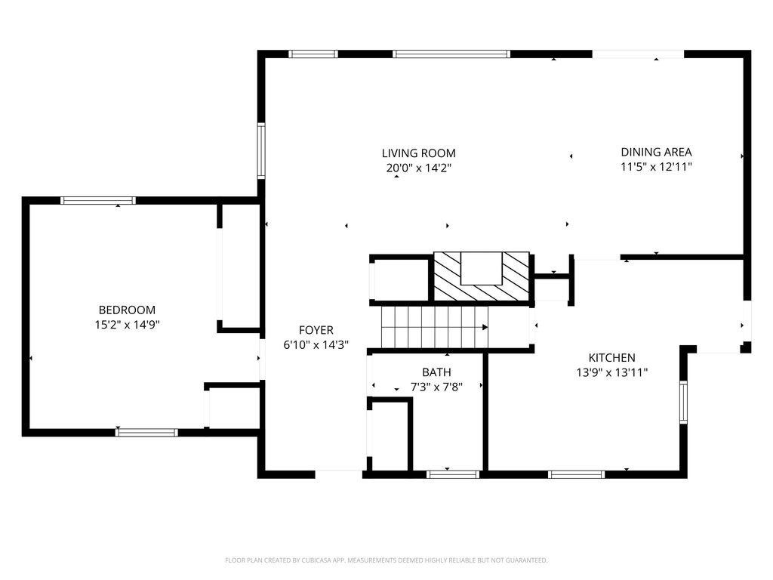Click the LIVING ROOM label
418,153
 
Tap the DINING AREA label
656,153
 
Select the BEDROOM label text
127,310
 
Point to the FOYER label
316,331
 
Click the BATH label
436,372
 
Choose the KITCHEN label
611,358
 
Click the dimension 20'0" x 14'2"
418,168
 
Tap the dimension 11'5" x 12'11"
656,167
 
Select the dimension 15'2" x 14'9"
127,325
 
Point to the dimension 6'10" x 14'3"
316,345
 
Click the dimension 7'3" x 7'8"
436,387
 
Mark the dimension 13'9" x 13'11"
611,373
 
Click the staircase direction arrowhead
485,328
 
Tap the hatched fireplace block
482,276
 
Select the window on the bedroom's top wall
97,200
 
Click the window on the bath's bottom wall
453,474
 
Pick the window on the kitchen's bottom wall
576,474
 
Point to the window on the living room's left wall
261,150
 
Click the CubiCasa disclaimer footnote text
386,560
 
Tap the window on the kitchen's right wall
683,402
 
